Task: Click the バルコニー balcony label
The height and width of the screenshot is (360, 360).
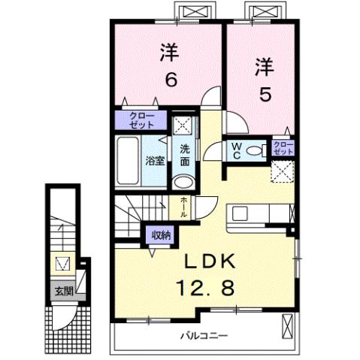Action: [203, 334]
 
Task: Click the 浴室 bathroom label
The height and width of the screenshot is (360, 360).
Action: [155, 159]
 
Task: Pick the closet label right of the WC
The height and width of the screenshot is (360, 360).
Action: [283, 147]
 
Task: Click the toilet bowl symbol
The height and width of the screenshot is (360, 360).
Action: [255, 150]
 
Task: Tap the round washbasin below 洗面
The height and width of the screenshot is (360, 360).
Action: [183, 180]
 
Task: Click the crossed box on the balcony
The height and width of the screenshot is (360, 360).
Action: [287, 325]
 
